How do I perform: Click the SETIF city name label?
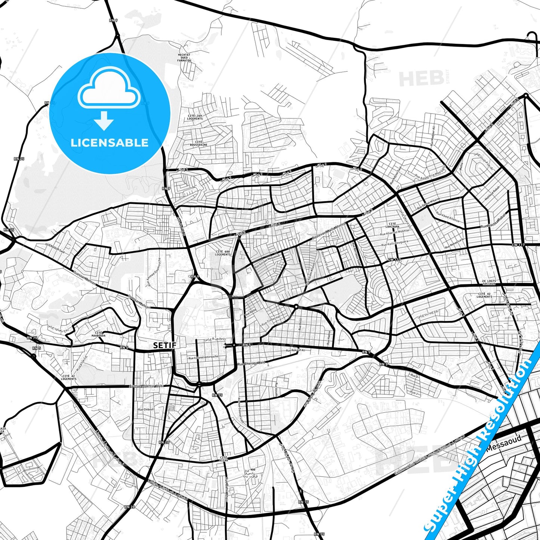[x=164, y=345]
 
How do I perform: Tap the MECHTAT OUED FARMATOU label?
[x=184, y=57]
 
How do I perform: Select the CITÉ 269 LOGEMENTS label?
[x=195, y=117]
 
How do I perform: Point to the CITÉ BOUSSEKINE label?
[x=198, y=143]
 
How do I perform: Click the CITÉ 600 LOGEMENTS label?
[x=223, y=253]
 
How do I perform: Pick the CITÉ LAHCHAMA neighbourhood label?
[x=392, y=225]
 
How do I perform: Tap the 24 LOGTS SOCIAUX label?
[x=488, y=282]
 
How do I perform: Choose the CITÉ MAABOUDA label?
[x=99, y=334]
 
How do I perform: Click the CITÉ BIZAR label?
[x=224, y=459]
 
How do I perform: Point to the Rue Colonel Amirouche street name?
[x=203, y=357]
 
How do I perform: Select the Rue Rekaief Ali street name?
[x=296, y=351]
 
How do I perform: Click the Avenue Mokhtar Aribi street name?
[x=146, y=386]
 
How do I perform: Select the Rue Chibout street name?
[x=146, y=410]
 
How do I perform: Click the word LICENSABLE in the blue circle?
[x=109, y=143]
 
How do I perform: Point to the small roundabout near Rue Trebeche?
[x=296, y=306]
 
